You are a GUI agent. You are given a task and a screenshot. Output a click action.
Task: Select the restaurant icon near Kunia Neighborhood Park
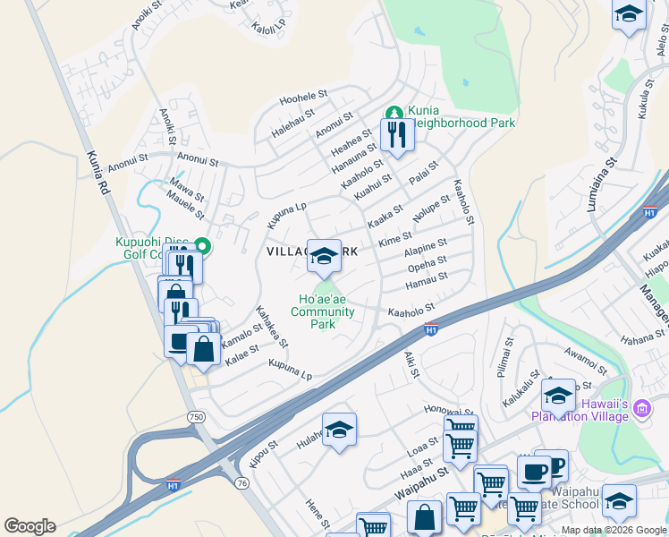tap(396, 135)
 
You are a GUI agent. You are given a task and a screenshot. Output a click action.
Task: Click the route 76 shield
tap(241, 482)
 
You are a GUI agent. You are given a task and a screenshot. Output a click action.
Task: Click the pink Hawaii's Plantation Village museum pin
tap(640, 410)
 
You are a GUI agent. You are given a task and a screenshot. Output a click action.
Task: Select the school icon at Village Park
tap(324, 256)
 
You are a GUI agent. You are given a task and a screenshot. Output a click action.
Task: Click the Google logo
tap(30, 526)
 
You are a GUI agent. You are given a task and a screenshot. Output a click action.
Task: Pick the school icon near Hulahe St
tap(339, 431)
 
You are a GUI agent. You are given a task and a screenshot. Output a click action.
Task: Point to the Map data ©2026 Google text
tap(614, 530)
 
